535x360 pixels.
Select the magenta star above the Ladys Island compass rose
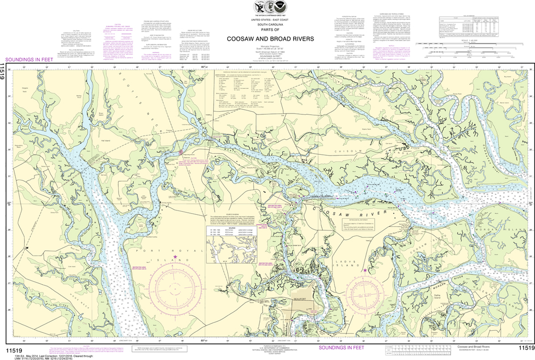(365, 270)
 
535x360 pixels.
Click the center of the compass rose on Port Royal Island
(175, 287)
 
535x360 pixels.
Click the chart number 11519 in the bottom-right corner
(524, 348)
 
